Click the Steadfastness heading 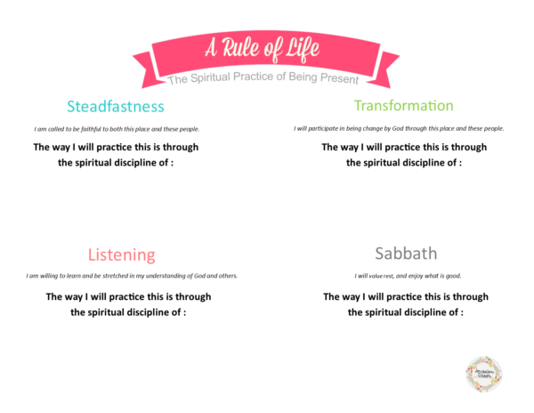[x=116, y=107]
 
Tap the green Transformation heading [x=403, y=105]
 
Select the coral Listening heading [x=121, y=255]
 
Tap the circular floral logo [x=484, y=373]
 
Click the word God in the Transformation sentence [x=402, y=129]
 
